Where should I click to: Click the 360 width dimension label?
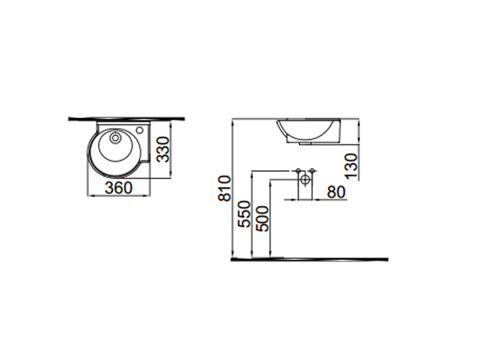(x=118, y=188)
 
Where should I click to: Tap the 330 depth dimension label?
(x=163, y=149)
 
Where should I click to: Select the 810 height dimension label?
(x=224, y=188)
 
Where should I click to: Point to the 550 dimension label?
(x=244, y=214)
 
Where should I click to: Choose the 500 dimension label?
(x=262, y=218)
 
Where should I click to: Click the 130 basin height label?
(x=351, y=166)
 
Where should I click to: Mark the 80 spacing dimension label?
(x=336, y=192)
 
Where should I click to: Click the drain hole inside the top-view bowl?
(x=115, y=138)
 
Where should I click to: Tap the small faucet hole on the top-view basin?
(x=140, y=130)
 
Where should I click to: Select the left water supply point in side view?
(x=298, y=170)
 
